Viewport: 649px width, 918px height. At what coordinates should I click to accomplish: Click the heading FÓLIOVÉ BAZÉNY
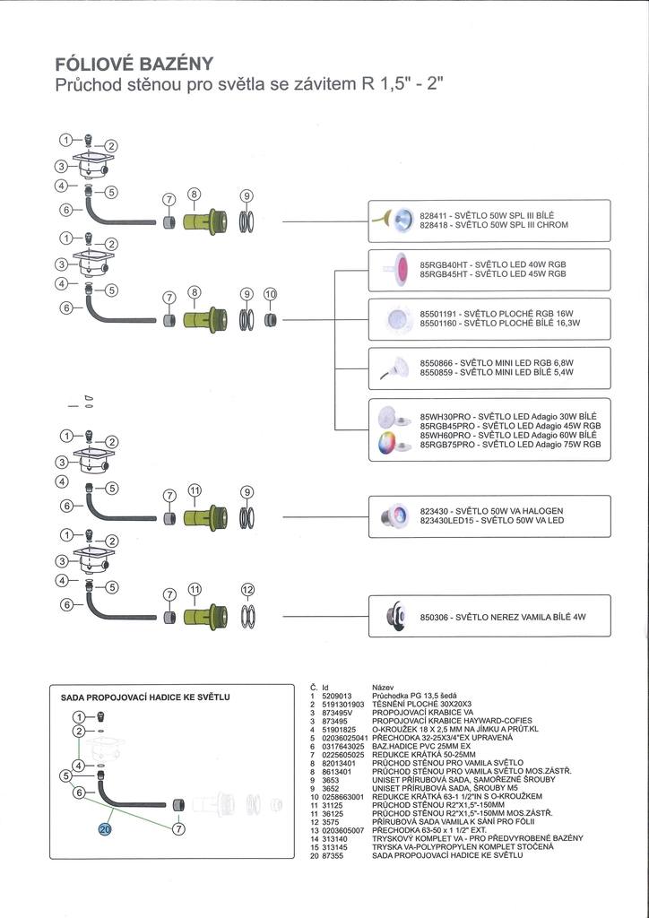point(134,64)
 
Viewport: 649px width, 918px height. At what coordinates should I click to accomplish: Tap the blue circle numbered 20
point(107,829)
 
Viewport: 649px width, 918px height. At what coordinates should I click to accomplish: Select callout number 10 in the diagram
point(270,294)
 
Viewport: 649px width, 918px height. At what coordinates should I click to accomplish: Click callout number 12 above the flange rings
point(248,590)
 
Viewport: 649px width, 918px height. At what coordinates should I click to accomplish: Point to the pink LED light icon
point(400,269)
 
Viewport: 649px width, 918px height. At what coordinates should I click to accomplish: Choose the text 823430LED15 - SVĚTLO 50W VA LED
point(492,520)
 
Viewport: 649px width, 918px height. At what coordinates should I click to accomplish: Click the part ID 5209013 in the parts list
point(337,695)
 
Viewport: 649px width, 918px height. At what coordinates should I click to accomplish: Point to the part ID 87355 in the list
point(333,855)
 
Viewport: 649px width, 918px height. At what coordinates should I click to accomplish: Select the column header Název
point(383,688)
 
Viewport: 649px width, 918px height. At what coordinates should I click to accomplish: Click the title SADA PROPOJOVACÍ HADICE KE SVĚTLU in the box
point(145,697)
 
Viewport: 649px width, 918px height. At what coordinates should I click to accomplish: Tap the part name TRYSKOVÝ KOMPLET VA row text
point(478,838)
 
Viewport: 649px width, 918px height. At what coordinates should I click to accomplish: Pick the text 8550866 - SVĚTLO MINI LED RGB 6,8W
point(497,363)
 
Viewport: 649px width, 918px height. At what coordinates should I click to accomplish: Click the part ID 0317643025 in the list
point(343,747)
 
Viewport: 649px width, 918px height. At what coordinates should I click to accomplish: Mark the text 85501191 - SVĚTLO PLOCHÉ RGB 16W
point(496,314)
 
